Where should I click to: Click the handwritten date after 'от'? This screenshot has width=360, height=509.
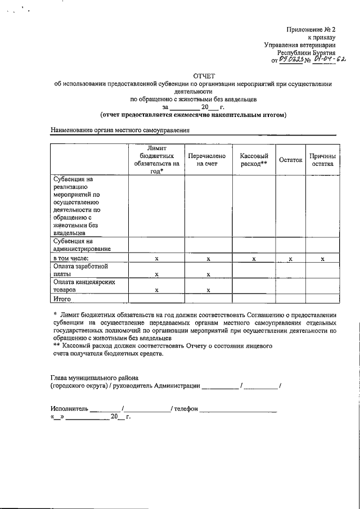point(292,58)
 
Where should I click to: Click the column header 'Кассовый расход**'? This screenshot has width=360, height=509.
point(254,160)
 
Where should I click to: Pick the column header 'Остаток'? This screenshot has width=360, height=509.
point(290,160)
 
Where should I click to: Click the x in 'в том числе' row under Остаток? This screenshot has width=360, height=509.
point(290,259)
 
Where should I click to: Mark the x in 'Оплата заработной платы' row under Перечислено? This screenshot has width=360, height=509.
point(208,274)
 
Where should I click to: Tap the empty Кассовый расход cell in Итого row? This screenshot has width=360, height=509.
point(254,299)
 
